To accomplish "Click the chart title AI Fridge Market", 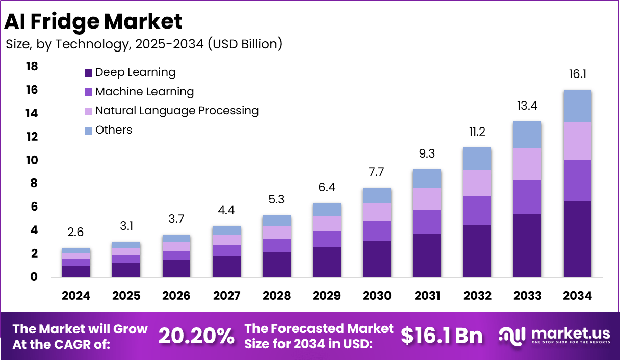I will coord(93,21).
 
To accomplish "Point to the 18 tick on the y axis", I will coord(32,66).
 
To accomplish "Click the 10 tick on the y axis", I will coord(32,160).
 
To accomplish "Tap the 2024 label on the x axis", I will coord(76,296).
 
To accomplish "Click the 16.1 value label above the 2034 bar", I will coord(578,74).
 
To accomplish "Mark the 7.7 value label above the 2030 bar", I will coord(377,172).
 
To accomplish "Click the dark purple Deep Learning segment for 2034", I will coord(577,239).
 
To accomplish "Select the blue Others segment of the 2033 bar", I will coord(527,135).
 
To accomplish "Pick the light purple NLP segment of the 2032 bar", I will coord(477,183).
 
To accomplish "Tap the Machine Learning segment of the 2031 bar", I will coord(427,222).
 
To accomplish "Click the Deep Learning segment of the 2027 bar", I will coord(226,267).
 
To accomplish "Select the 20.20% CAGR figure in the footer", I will coord(197,336).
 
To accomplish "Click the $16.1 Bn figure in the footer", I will coord(442,336).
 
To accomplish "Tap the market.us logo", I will coord(554,335).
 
